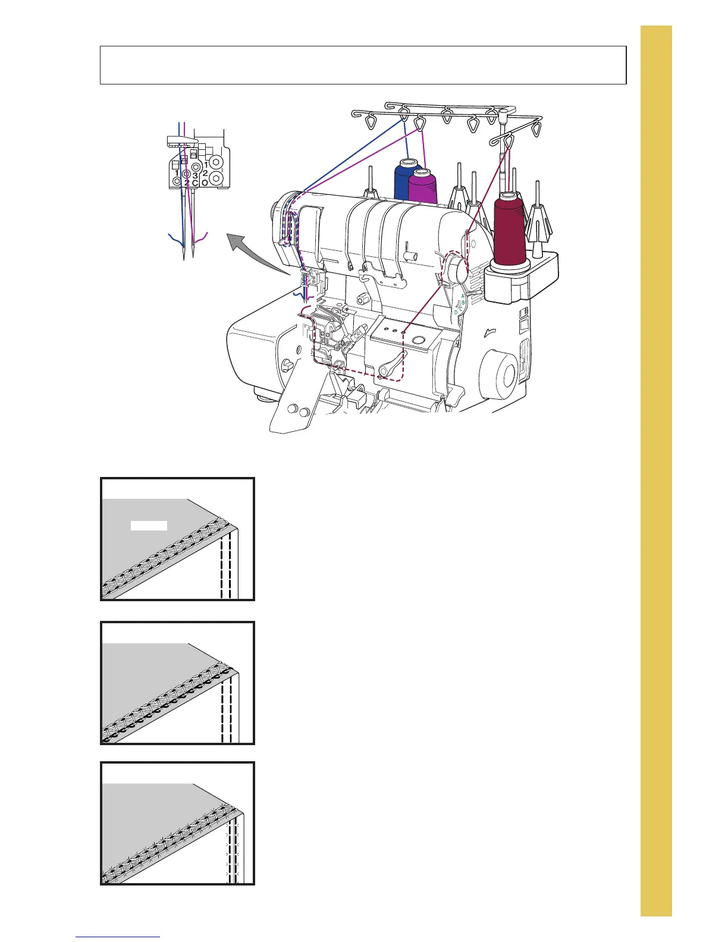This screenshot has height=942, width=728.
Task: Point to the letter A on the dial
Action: click(x=463, y=295)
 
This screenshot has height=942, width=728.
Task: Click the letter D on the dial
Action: click(x=456, y=312)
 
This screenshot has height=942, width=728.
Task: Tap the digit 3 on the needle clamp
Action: click(x=195, y=176)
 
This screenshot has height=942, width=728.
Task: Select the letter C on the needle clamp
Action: click(x=195, y=183)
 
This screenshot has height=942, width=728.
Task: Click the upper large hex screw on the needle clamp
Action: click(x=216, y=162)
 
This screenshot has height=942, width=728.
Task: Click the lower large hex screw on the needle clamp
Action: click(x=216, y=178)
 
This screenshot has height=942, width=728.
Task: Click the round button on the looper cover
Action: click(x=419, y=340)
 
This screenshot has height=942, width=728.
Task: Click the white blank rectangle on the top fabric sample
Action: click(x=149, y=525)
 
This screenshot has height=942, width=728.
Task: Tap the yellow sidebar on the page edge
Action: click(x=656, y=470)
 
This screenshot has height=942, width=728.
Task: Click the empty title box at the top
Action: click(x=363, y=65)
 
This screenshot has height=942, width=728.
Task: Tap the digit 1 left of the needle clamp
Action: click(x=177, y=173)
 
